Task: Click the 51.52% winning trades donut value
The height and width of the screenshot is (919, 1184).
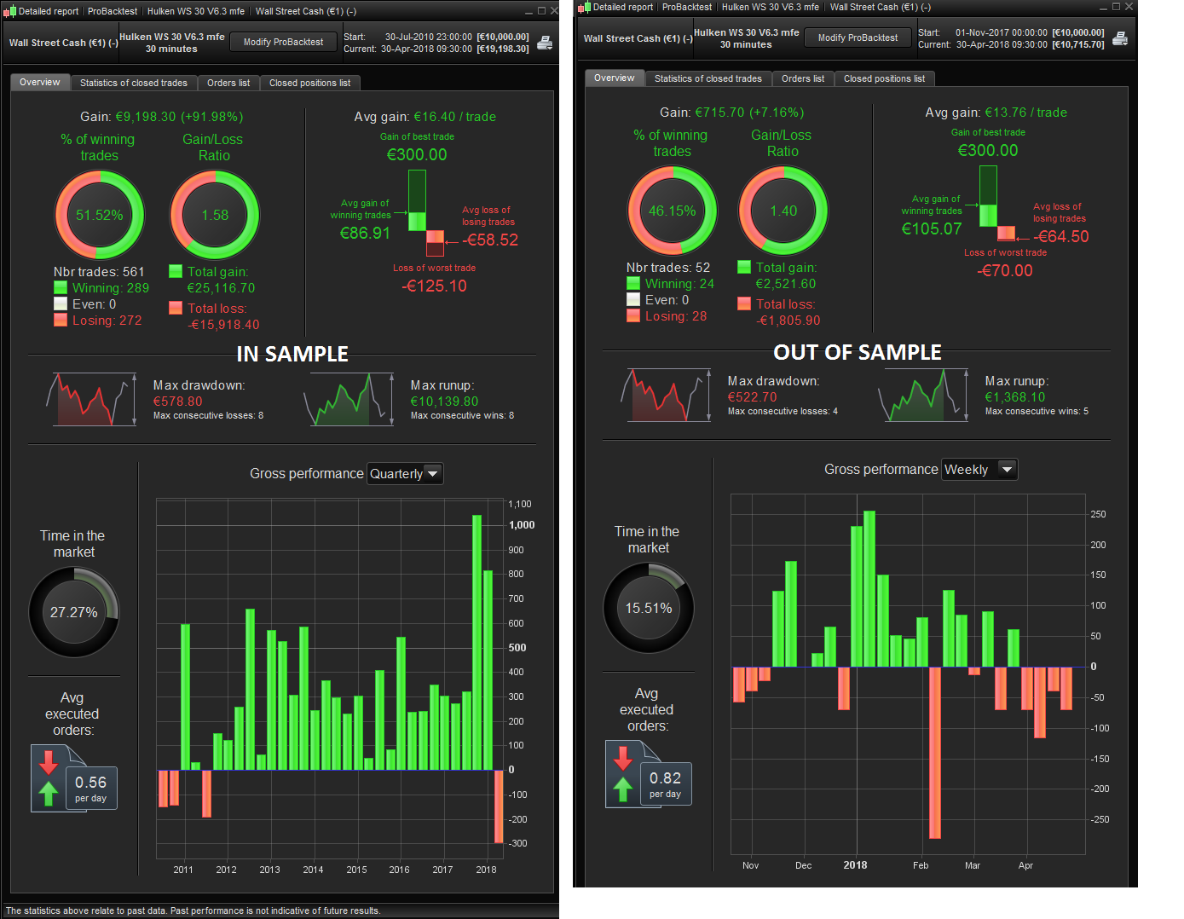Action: click(99, 215)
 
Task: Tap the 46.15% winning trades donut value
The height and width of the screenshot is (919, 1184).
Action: click(672, 211)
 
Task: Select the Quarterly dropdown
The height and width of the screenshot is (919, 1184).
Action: click(405, 474)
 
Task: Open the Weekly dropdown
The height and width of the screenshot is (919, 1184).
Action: click(979, 470)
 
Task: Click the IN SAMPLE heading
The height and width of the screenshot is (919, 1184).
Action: click(292, 354)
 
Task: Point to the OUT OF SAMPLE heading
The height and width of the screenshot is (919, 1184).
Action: click(857, 352)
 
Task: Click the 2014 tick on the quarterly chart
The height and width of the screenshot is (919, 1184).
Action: click(313, 870)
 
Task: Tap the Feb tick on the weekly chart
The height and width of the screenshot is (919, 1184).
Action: click(921, 865)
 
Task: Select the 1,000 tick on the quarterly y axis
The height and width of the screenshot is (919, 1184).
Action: click(522, 525)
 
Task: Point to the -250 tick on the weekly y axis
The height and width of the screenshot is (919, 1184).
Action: click(1100, 819)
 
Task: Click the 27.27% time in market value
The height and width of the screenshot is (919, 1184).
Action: click(73, 612)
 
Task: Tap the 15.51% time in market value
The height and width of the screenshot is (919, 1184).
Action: click(649, 608)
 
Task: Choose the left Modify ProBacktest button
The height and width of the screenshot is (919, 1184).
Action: click(283, 42)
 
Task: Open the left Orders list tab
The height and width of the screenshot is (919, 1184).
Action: click(228, 83)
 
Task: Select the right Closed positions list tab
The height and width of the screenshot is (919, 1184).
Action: click(884, 78)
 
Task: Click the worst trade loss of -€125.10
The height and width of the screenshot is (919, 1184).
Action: click(435, 286)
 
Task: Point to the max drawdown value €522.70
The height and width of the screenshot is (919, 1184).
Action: click(752, 397)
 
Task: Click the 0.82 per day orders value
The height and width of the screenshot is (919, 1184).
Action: click(665, 778)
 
